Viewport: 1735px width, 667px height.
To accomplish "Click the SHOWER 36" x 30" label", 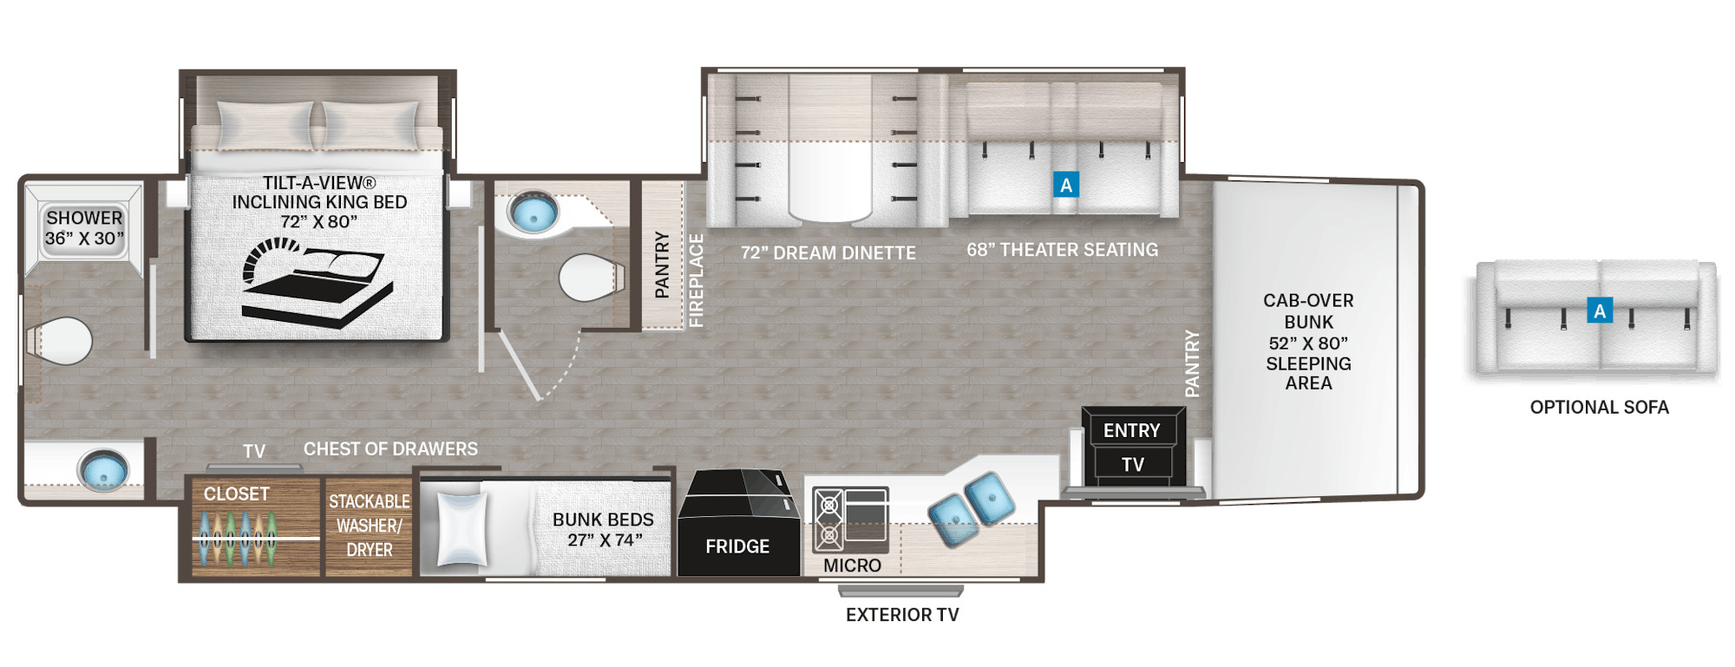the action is [x=84, y=228].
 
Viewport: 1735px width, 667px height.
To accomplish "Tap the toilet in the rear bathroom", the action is [x=60, y=341].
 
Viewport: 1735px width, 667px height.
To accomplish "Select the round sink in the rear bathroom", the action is [x=103, y=471].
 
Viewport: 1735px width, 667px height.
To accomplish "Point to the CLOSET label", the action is [x=236, y=494].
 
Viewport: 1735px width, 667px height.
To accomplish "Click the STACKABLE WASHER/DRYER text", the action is [x=370, y=526].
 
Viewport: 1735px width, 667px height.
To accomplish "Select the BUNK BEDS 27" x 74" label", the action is [x=603, y=529].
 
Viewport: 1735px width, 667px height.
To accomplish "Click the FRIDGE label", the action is [x=737, y=546].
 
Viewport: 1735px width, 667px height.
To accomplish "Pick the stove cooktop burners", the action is [x=828, y=520].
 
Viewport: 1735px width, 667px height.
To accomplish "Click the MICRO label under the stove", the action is [x=852, y=566].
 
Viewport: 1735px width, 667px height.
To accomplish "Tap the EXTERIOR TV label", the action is [x=902, y=615].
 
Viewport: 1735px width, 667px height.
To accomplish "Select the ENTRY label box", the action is [x=1131, y=430].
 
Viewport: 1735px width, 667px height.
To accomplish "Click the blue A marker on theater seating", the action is [x=1066, y=184].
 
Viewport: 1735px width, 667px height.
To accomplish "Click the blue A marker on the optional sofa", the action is [x=1600, y=311].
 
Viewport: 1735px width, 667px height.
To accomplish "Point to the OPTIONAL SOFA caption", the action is [x=1599, y=407].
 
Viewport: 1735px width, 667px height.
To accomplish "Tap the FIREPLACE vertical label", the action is [x=696, y=280].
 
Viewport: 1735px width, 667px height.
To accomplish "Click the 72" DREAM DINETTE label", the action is [x=828, y=252].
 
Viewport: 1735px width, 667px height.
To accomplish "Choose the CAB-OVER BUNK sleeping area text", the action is [x=1308, y=342].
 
